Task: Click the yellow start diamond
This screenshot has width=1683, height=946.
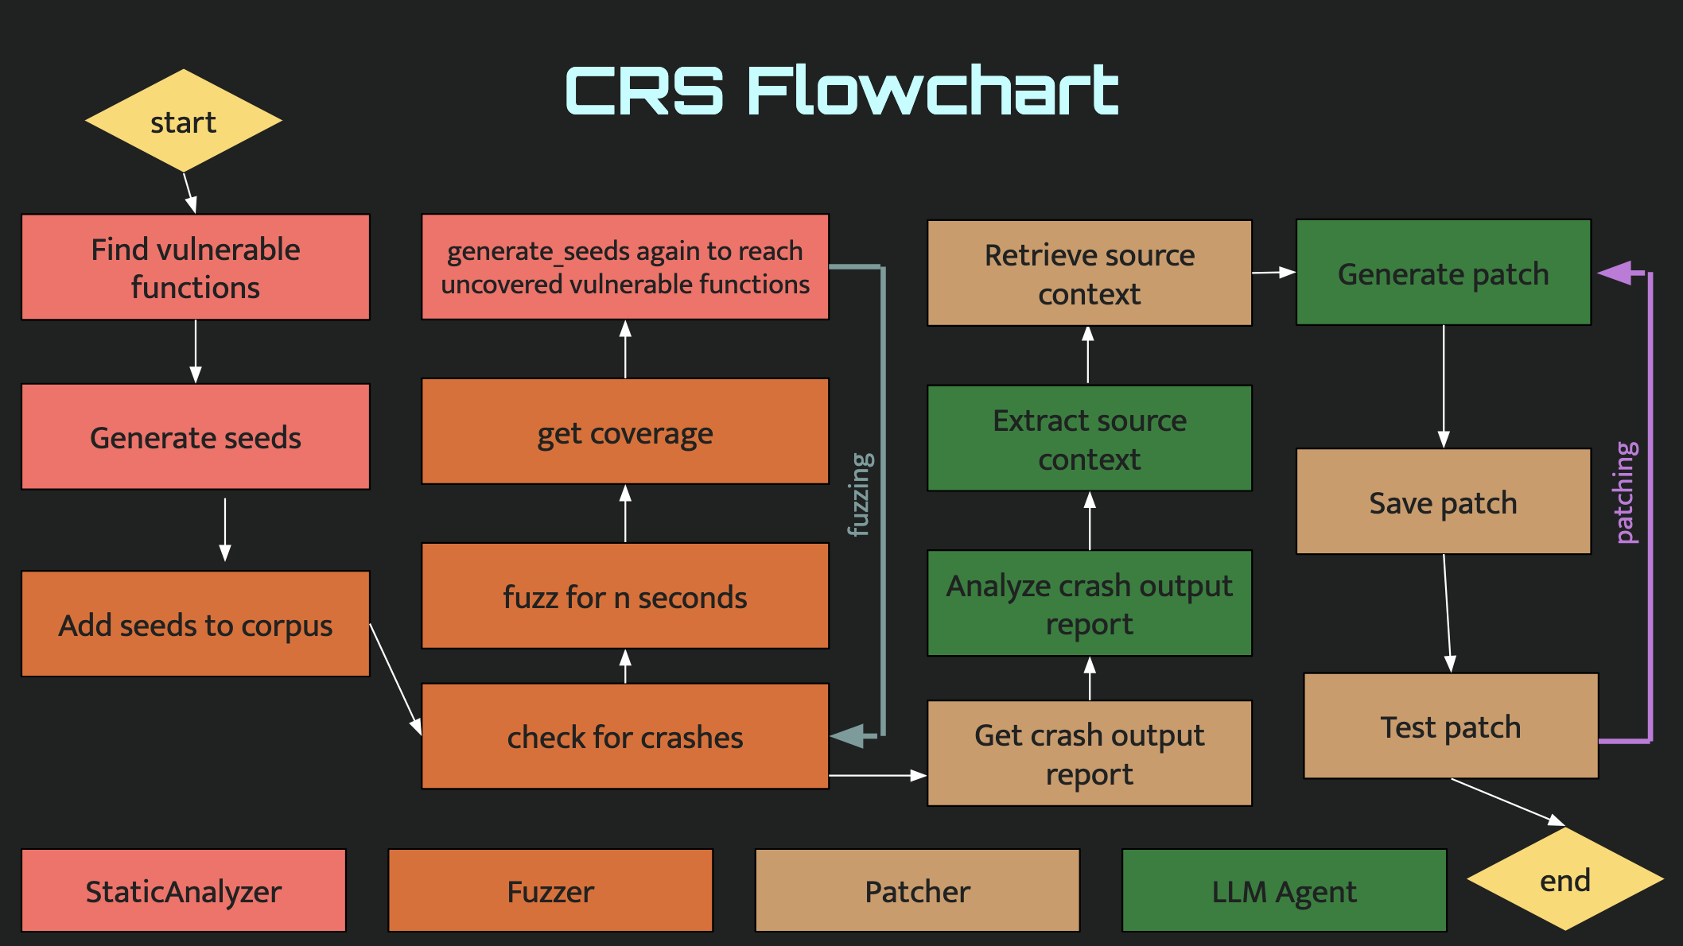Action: [184, 121]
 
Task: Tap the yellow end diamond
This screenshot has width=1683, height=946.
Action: [1564, 879]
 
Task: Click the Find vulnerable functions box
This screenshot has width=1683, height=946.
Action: [196, 267]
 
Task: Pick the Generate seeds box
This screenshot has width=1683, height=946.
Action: [196, 437]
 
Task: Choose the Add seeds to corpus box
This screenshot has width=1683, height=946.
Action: [196, 624]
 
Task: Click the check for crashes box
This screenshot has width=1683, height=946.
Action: [625, 736]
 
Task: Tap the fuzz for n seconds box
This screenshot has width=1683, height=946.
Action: [625, 596]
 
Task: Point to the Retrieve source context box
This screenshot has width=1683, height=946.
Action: [1090, 273]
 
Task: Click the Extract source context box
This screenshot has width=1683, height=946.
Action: [1090, 439]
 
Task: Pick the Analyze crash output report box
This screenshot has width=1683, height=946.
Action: [1090, 603]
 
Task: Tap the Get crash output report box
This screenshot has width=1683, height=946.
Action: [1090, 754]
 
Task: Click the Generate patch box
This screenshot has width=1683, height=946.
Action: [1444, 273]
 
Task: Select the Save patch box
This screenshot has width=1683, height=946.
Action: [1444, 502]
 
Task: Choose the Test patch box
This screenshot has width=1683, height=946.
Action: [1451, 726]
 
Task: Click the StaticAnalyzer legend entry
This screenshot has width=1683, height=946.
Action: [184, 890]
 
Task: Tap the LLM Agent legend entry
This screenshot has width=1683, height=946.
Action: [1284, 890]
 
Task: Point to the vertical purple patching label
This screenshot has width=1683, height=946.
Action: [1627, 493]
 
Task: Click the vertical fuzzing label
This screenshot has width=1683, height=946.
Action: [861, 494]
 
